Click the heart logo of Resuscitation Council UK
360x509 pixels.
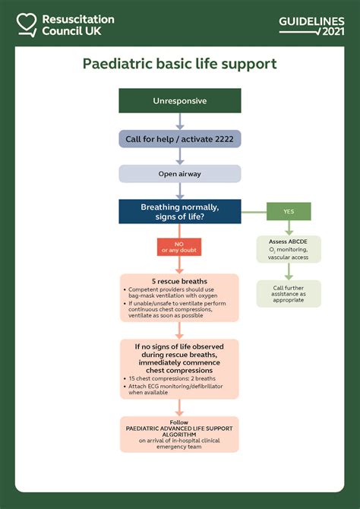27,24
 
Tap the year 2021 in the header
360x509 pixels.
333,31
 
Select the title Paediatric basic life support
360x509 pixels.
179,64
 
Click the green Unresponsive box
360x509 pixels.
179,100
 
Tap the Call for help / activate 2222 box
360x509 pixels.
179,138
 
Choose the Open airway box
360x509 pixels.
179,173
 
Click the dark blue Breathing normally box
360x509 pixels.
179,211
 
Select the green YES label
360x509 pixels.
288,212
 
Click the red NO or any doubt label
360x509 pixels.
179,247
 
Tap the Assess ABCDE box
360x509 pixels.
288,249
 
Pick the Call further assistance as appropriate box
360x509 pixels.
288,293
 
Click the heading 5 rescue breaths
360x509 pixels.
179,281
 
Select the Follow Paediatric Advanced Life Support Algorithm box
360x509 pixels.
179,434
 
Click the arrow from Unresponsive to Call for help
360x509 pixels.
179,121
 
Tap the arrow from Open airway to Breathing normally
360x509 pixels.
179,191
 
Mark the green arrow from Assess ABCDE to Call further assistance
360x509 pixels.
288,271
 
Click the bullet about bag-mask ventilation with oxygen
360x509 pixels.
175,293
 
